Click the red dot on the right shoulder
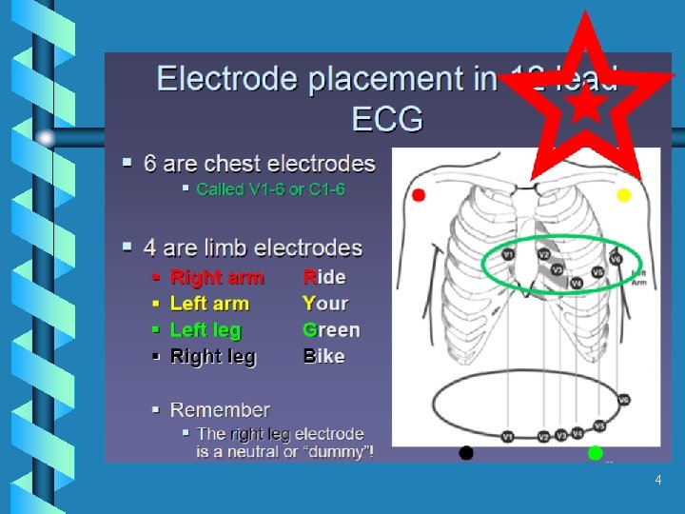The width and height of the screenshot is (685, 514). pyautogui.click(x=419, y=195)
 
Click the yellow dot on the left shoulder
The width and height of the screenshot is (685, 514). pyautogui.click(x=624, y=195)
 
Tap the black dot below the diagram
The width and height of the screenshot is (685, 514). pyautogui.click(x=466, y=453)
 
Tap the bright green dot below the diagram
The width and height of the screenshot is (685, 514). pyautogui.click(x=596, y=452)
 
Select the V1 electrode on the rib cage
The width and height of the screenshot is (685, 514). pyautogui.click(x=507, y=255)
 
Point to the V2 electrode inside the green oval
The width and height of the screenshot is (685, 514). pyautogui.click(x=543, y=255)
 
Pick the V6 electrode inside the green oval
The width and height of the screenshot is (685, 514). pyautogui.click(x=616, y=259)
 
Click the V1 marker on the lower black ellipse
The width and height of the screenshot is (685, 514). pyautogui.click(x=507, y=436)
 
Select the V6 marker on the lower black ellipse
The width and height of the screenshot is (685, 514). pyautogui.click(x=624, y=401)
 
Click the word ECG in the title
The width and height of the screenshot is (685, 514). pyautogui.click(x=388, y=120)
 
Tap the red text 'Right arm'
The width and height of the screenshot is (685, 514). pyautogui.click(x=217, y=278)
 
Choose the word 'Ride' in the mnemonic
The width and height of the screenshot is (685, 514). pyautogui.click(x=324, y=278)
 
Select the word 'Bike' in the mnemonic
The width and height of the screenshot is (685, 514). pyautogui.click(x=323, y=357)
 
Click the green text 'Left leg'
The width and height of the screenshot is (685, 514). pyautogui.click(x=205, y=330)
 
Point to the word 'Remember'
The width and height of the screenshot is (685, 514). pyautogui.click(x=220, y=410)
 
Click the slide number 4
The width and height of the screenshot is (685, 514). pyautogui.click(x=657, y=481)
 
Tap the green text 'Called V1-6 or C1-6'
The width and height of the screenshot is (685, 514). pyautogui.click(x=270, y=189)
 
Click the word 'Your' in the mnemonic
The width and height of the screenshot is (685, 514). pyautogui.click(x=325, y=305)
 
